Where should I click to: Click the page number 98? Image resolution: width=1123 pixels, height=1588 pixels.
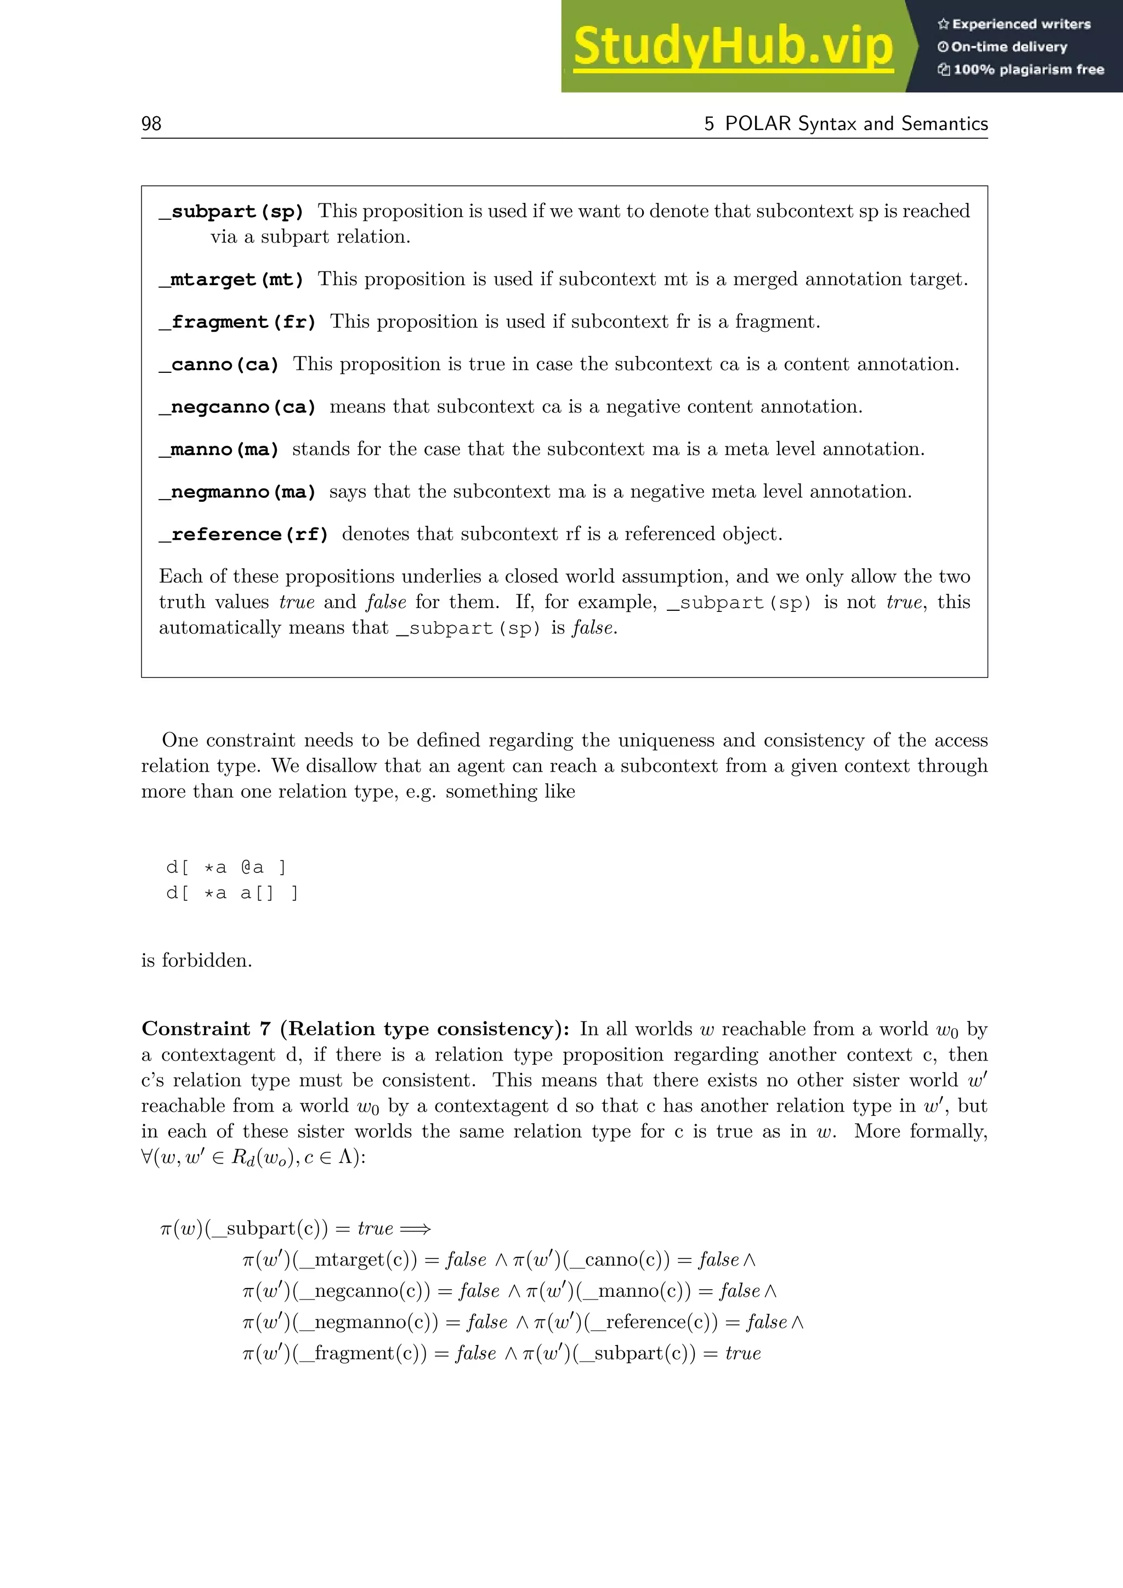coord(151,124)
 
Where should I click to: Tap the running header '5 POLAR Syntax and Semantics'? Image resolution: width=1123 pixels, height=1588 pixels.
coord(846,124)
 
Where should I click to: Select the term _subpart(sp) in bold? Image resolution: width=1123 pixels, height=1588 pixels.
coord(231,212)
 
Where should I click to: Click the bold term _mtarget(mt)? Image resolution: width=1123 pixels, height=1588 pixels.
coord(231,280)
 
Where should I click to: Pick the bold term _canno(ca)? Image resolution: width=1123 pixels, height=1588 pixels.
coord(219,365)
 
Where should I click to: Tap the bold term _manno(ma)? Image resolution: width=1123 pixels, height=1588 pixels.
coord(219,450)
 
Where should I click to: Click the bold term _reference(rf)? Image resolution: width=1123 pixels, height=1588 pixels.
coord(243,535)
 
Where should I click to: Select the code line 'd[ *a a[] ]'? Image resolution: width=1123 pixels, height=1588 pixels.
coord(231,893)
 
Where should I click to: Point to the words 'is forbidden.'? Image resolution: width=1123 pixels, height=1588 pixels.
coord(196,960)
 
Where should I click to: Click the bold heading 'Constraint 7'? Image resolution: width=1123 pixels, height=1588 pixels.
coord(206,1029)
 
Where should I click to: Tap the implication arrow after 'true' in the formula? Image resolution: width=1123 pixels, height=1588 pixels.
coord(416,1229)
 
